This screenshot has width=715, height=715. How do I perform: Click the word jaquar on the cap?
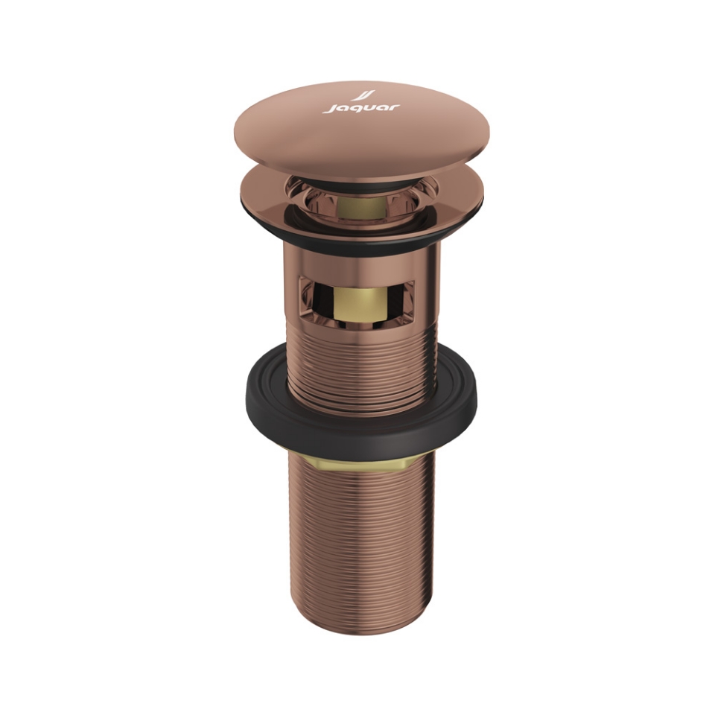pos(361,109)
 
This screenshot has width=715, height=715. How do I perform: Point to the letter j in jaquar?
pos(328,110)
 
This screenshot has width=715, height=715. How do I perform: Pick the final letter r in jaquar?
pos(394,107)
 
